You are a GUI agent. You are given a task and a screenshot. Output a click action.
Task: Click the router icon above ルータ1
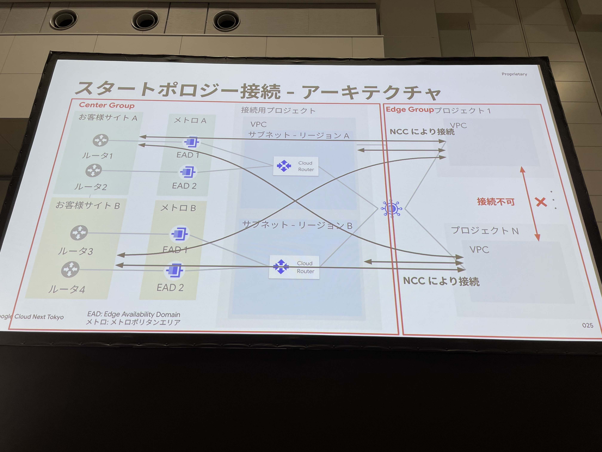[x=100, y=140]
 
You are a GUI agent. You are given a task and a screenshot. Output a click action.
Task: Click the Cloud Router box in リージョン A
[x=296, y=166]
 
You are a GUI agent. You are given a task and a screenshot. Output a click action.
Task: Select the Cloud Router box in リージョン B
[x=294, y=267]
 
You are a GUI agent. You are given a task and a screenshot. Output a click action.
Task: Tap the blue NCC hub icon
[x=391, y=208]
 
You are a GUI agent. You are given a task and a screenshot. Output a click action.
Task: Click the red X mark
[x=541, y=202]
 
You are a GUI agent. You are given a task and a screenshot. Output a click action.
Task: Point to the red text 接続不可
[x=496, y=202]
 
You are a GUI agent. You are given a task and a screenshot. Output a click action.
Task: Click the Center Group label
[x=107, y=105]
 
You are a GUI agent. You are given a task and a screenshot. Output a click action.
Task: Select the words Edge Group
[x=410, y=110]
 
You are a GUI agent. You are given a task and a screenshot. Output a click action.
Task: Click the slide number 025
[x=588, y=325]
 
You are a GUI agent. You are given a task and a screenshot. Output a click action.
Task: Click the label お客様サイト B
[x=88, y=205]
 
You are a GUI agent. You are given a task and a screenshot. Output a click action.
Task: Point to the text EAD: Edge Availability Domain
[x=134, y=314]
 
